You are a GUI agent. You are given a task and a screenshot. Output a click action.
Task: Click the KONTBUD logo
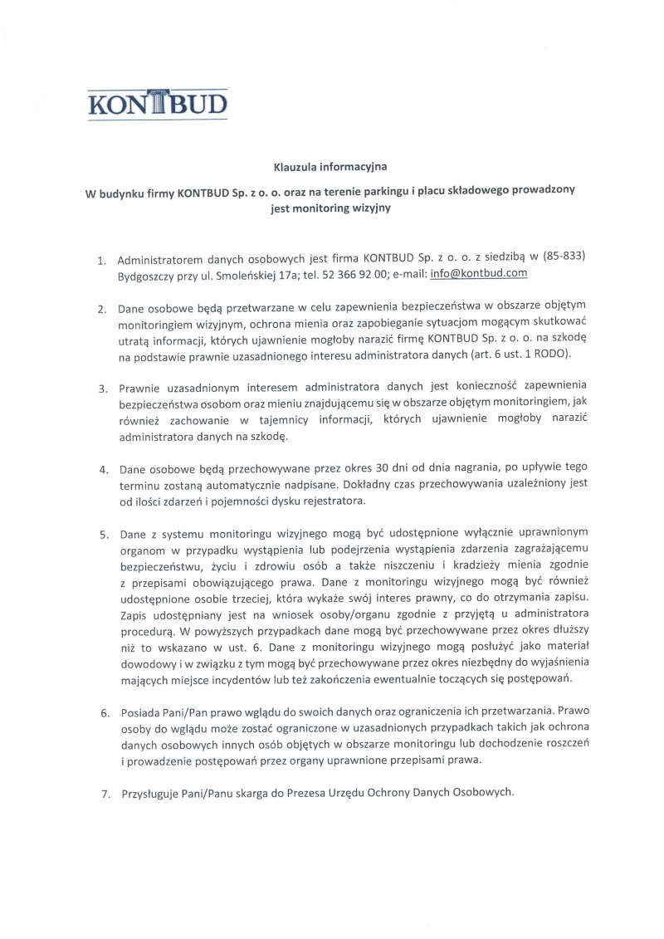tap(157, 105)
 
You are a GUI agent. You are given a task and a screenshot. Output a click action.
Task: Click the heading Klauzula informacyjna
tap(330, 166)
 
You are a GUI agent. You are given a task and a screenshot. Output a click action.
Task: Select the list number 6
tap(104, 712)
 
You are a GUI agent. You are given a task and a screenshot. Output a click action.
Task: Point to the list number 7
tap(104, 794)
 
